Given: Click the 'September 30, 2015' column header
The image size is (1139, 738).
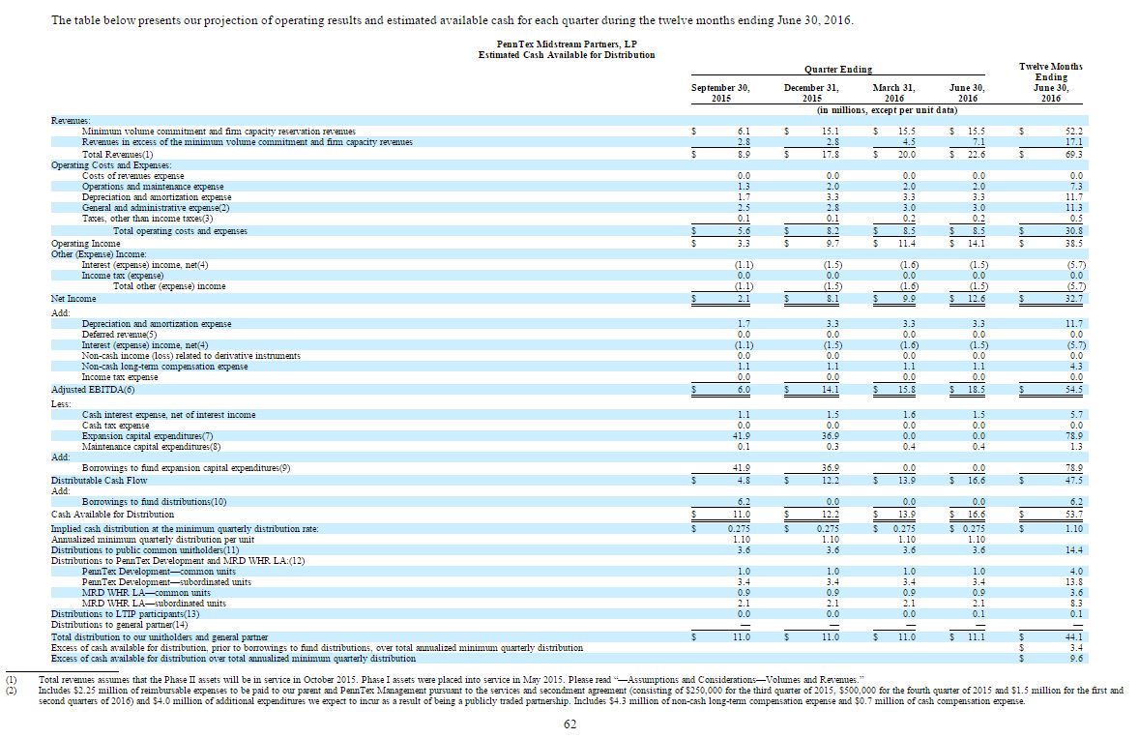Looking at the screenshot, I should click(720, 93).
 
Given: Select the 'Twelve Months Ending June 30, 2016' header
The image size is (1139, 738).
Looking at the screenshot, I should click(1050, 82).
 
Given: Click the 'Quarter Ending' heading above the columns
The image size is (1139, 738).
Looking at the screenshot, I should click(837, 69).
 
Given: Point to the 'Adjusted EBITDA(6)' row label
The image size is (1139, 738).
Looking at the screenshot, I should click(93, 389).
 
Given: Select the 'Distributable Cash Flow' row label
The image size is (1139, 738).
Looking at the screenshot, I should click(100, 480).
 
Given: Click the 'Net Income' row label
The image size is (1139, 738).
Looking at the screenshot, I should click(73, 299).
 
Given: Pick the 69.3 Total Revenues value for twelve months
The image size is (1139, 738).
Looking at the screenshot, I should click(1073, 154).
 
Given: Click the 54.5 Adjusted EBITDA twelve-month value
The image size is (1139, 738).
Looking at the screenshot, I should click(1073, 389).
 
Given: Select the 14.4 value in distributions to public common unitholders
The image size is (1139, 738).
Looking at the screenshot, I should click(1073, 549).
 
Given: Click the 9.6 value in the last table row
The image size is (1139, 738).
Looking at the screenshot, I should click(1075, 659).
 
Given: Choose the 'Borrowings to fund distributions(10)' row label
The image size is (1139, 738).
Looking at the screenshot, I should click(155, 503).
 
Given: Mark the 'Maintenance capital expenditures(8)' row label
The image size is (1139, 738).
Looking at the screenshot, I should click(152, 446).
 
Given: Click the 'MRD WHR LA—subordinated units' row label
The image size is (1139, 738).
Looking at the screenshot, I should click(154, 603).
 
